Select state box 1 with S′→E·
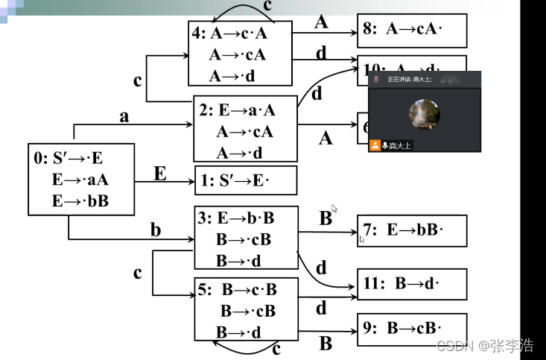coord(246,180)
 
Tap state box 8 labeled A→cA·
coord(411,31)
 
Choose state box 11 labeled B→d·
coord(411,284)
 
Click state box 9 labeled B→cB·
coord(411,328)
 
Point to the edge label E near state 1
coord(159,174)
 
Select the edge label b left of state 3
coord(155,230)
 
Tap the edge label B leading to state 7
coord(326,218)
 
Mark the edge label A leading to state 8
coord(321,22)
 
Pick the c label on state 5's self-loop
coord(275,347)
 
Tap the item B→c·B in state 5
coord(249,290)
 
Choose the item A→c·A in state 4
coord(238,33)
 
